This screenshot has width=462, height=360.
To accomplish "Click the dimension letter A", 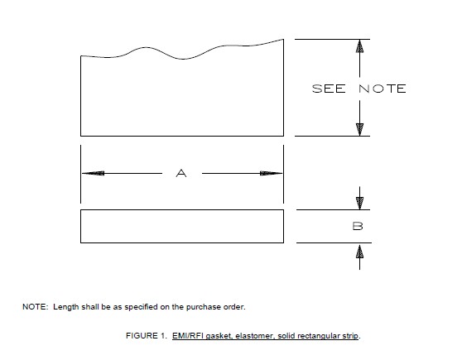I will tap(182, 173).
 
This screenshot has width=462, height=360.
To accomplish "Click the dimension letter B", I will tap(359, 225).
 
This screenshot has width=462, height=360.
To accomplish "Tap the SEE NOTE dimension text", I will tap(359, 89).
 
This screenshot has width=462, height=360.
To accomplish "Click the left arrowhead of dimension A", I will tap(93, 173).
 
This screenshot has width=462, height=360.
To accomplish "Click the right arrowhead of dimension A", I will tap(271, 173).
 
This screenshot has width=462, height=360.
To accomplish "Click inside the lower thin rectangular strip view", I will tap(182, 226).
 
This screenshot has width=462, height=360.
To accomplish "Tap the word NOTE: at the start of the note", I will tap(35, 307).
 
